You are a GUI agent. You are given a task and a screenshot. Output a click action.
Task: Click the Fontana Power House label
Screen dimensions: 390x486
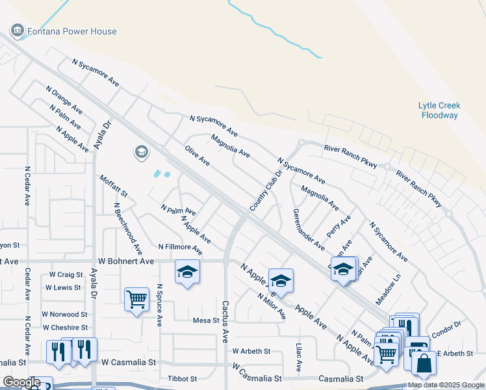71,31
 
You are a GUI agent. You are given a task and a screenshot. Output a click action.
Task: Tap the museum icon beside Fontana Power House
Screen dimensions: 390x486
17,31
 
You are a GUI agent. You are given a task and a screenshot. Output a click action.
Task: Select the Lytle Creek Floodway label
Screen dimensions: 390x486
439,110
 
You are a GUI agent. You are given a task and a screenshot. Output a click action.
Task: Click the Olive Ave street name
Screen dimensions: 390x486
197,156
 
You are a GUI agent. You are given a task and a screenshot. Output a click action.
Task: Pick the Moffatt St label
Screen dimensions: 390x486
113,187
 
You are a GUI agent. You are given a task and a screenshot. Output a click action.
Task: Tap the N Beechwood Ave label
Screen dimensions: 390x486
127,227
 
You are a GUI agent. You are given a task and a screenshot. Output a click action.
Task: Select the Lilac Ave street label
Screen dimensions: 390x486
299,358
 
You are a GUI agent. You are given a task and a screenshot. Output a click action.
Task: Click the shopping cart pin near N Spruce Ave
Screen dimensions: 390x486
136,299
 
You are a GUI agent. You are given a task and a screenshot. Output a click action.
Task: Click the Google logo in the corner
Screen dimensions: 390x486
22,382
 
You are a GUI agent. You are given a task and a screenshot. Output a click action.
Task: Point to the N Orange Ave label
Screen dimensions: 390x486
64,99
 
